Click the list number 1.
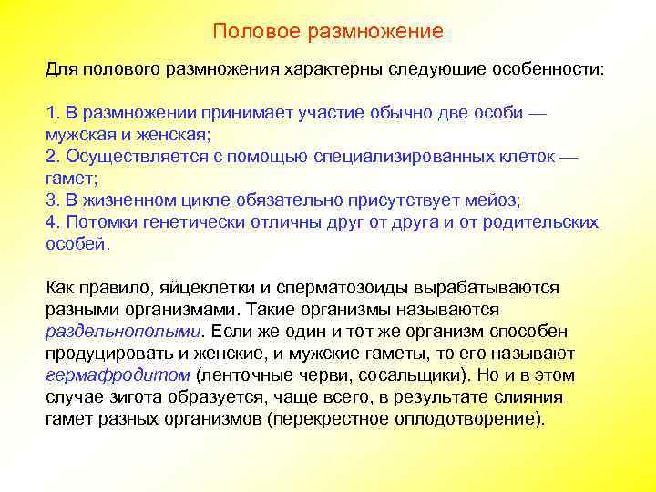click(51, 113)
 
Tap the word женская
click(174, 135)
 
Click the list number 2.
click(51, 157)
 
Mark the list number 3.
click(51, 200)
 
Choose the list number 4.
click(51, 222)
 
